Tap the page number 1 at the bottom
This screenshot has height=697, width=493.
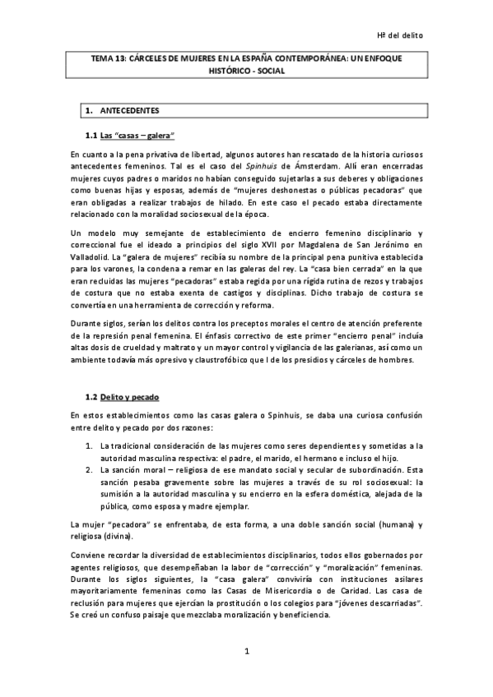click(x=246, y=652)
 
